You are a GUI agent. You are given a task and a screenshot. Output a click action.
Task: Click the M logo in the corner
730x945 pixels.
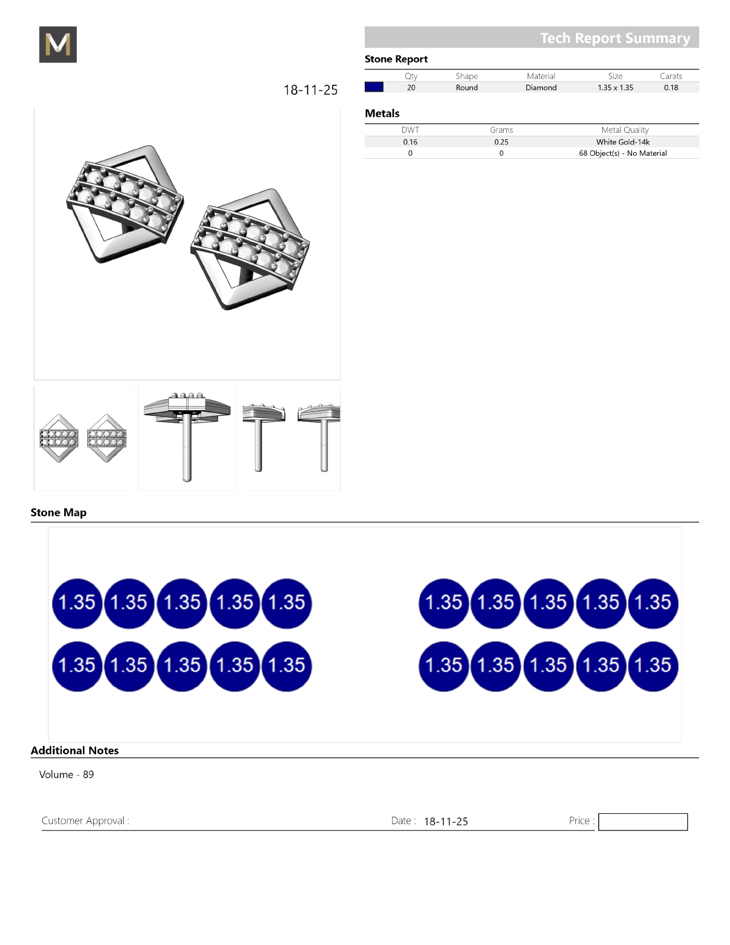click(x=58, y=45)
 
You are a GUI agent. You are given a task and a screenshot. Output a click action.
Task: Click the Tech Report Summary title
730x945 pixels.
click(x=615, y=38)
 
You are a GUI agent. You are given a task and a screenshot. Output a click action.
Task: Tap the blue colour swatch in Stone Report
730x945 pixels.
click(x=374, y=87)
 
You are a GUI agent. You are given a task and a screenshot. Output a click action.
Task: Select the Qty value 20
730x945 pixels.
click(x=411, y=88)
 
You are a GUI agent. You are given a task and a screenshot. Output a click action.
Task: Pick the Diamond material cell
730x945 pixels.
click(x=541, y=88)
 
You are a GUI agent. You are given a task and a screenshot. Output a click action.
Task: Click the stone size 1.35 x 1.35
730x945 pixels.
click(x=615, y=88)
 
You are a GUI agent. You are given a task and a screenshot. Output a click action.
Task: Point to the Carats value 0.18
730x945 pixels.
click(x=671, y=88)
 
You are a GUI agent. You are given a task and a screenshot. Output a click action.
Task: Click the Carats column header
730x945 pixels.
click(x=671, y=76)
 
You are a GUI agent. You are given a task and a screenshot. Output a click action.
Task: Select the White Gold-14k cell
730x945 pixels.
click(x=623, y=142)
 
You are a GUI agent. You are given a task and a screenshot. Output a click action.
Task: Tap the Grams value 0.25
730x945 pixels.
click(x=502, y=142)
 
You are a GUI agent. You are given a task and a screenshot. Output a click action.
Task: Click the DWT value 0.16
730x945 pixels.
click(x=410, y=142)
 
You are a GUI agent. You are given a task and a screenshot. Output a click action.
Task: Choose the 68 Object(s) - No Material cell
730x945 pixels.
click(x=623, y=153)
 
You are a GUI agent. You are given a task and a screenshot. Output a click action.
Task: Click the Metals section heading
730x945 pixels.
click(x=382, y=113)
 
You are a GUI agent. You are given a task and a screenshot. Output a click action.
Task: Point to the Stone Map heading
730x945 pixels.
click(x=58, y=513)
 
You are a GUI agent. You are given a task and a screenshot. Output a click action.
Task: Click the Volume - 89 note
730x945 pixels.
click(x=66, y=774)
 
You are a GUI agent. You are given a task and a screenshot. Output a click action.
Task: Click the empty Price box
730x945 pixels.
click(x=643, y=822)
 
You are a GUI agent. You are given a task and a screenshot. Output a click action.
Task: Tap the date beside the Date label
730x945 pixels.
click(x=446, y=821)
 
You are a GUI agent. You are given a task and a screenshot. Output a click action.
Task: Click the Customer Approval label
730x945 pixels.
click(x=85, y=821)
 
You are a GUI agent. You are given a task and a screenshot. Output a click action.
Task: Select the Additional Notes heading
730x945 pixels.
click(x=74, y=750)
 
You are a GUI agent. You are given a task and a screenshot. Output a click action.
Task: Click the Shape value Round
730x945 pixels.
click(x=467, y=88)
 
